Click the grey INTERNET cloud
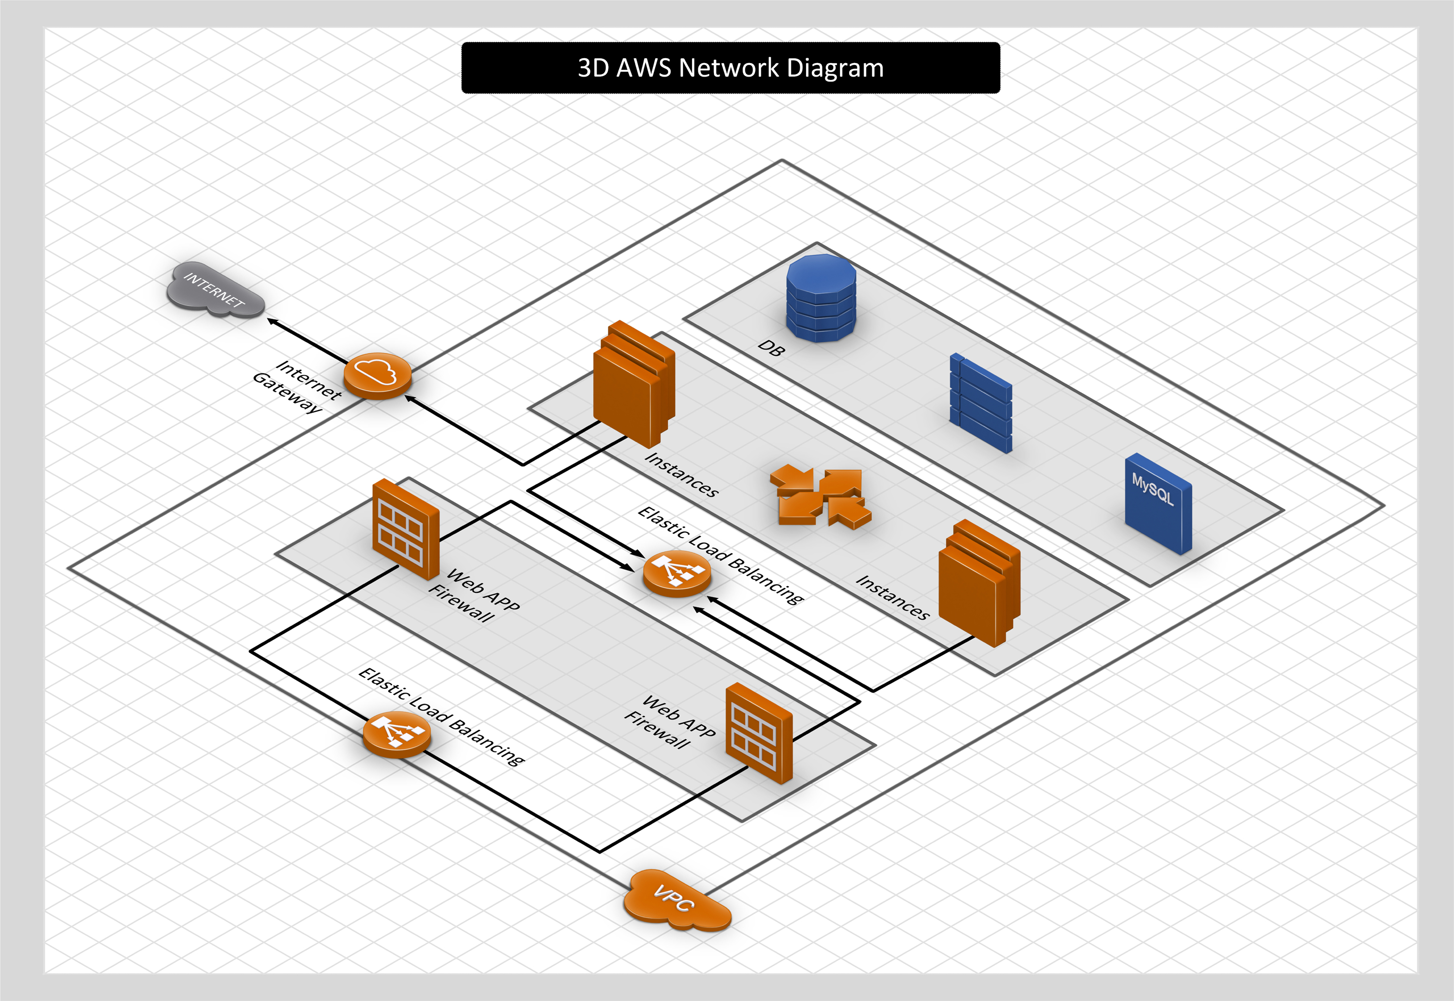click(214, 290)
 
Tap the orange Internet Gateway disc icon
click(377, 375)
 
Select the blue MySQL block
click(1157, 504)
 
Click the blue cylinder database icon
click(821, 298)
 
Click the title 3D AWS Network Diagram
click(730, 68)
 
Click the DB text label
click(770, 348)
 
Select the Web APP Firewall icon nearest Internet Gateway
click(405, 529)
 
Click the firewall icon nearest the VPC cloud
click(759, 732)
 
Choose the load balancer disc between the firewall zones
click(677, 572)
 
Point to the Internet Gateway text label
click(297, 386)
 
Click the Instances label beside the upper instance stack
click(681, 475)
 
